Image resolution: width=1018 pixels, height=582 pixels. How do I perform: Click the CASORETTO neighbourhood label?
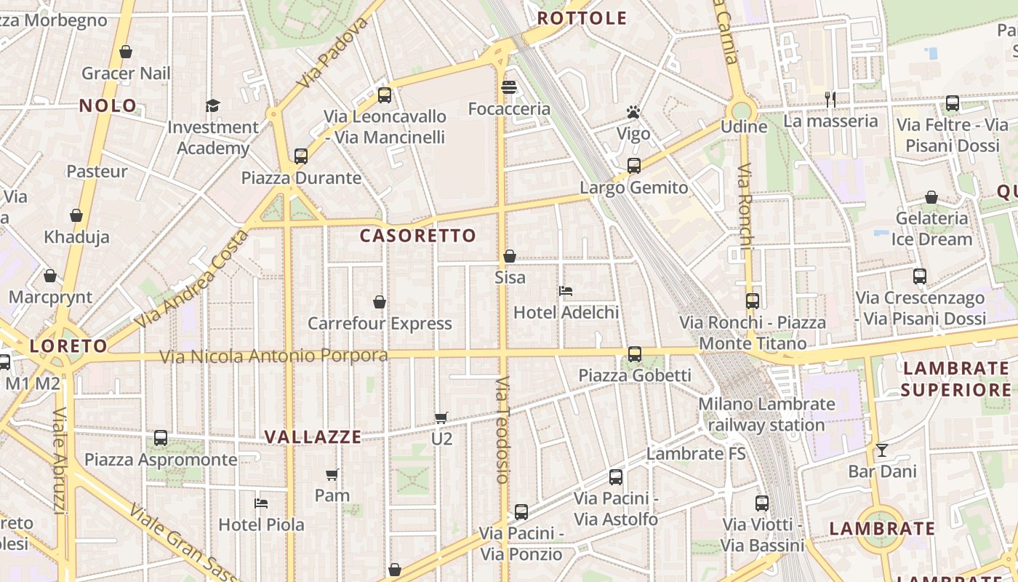[x=417, y=236]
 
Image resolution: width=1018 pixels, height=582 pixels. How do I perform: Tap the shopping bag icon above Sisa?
[x=510, y=256]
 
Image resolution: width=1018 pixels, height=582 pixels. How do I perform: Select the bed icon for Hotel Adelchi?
[x=566, y=291]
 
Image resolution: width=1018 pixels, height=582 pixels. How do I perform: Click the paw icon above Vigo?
[x=633, y=113]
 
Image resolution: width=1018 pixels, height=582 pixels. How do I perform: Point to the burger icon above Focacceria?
[x=509, y=88]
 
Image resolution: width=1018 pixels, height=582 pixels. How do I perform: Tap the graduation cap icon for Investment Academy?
[x=212, y=105]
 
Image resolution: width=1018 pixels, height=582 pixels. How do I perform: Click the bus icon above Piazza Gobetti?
[x=635, y=354]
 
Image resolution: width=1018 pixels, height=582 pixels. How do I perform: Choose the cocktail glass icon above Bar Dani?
[x=882, y=450]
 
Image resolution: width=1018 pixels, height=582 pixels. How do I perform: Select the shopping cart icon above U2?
[x=441, y=418]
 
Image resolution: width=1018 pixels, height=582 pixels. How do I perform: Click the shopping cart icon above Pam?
[x=332, y=474]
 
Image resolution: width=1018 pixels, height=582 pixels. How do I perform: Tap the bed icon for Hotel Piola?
[x=261, y=503]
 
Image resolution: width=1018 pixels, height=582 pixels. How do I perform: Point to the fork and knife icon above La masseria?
[x=830, y=99]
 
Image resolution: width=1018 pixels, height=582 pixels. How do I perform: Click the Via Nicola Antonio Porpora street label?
[x=273, y=356]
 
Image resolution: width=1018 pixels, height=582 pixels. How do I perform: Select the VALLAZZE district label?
[x=313, y=437]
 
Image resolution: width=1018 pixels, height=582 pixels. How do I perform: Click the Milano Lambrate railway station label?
[x=766, y=414]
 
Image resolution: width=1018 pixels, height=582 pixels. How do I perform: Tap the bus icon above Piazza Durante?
[x=301, y=156]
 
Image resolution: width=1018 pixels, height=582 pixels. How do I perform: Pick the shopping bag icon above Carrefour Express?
[x=380, y=302]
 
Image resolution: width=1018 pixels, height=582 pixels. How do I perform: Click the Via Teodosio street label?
[x=502, y=430]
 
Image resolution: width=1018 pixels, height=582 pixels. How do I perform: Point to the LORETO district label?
[x=68, y=346]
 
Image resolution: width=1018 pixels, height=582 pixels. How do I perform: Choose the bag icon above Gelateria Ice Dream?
[x=931, y=197]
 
